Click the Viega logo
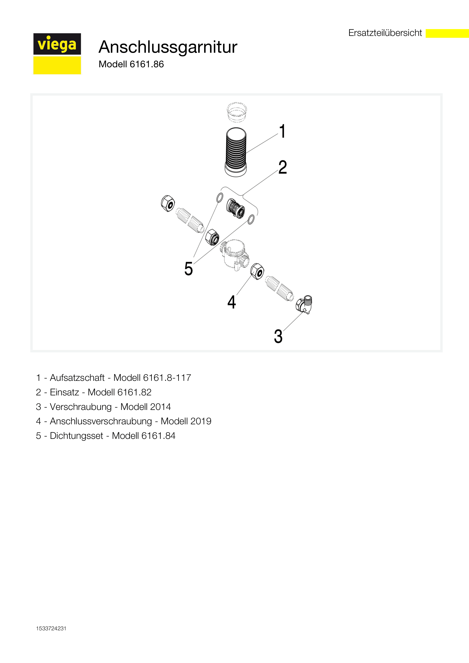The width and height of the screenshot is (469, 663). click(x=57, y=54)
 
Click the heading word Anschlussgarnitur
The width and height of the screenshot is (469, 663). click(x=168, y=47)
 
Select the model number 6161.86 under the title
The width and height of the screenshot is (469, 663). click(x=147, y=64)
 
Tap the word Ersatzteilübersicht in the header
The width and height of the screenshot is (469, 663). click(x=385, y=33)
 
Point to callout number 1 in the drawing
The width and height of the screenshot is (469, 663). click(x=282, y=131)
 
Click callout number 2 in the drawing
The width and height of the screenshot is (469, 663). click(x=283, y=167)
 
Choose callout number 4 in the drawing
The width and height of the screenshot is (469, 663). click(x=231, y=302)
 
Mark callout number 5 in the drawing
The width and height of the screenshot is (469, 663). click(x=188, y=269)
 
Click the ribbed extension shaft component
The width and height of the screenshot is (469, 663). click(x=236, y=152)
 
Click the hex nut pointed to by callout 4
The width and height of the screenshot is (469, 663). click(x=257, y=271)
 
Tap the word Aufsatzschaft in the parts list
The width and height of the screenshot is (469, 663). click(x=77, y=378)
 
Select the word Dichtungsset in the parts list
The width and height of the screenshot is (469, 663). click(x=77, y=436)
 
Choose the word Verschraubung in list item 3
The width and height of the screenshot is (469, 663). click(x=81, y=407)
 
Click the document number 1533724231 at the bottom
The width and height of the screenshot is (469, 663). click(x=51, y=629)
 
